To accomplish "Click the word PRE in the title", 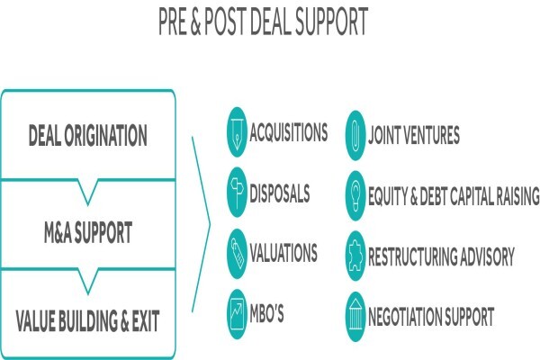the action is click(x=172, y=22).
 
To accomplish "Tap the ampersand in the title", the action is click(x=195, y=22).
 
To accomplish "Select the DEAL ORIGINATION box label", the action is click(x=88, y=135).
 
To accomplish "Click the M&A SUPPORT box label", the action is click(x=88, y=232).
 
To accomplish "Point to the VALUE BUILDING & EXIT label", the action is click(x=88, y=320).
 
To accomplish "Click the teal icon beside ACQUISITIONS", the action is click(x=238, y=132).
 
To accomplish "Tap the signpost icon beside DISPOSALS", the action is click(x=238, y=193).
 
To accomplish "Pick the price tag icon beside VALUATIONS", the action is click(x=238, y=254).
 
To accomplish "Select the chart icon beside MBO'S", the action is click(x=238, y=314).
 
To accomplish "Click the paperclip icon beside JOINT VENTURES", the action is click(x=355, y=135).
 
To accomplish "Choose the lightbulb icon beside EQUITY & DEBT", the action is click(x=355, y=195).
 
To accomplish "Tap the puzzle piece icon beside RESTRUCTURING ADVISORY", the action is click(x=355, y=256).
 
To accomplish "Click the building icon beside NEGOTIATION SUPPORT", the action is click(x=355, y=317).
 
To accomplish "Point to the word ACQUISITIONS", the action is click(x=289, y=132).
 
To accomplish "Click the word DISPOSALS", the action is click(x=280, y=193).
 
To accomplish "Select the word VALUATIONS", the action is click(x=283, y=253).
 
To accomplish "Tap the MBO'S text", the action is click(x=267, y=313).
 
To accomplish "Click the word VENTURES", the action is click(x=431, y=135).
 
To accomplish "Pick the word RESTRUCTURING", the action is click(x=413, y=256).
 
